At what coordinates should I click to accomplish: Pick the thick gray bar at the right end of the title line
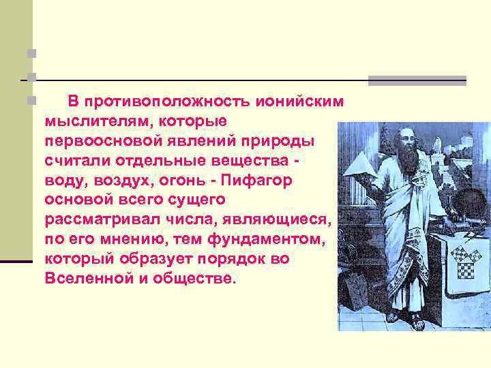[417, 80]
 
